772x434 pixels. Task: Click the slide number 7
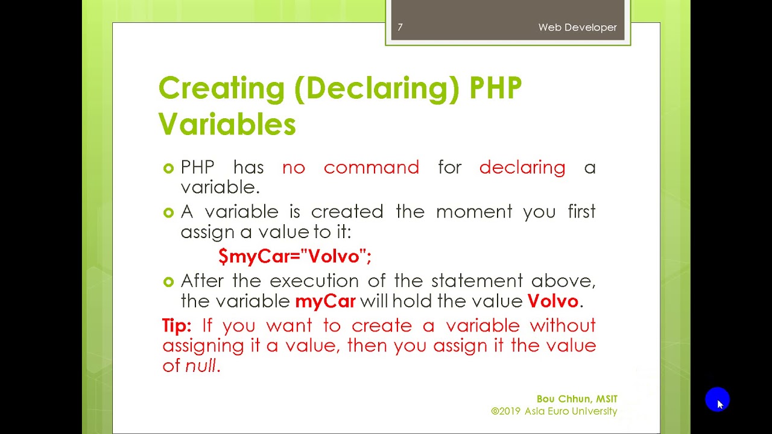pyautogui.click(x=400, y=27)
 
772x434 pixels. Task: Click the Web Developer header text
pyautogui.click(x=577, y=27)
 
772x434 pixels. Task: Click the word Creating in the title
pyautogui.click(x=221, y=89)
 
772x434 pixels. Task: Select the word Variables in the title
pyautogui.click(x=227, y=125)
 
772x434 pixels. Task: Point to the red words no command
pyautogui.click(x=350, y=168)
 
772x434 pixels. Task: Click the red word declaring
pyautogui.click(x=522, y=168)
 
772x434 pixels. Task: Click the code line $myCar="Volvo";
pyautogui.click(x=295, y=256)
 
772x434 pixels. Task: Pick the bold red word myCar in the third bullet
pyautogui.click(x=325, y=301)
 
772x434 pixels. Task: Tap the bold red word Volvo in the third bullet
pyautogui.click(x=552, y=301)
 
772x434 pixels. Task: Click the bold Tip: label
pyautogui.click(x=177, y=325)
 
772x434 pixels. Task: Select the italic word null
pyautogui.click(x=200, y=365)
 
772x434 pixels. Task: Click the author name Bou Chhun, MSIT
pyautogui.click(x=577, y=399)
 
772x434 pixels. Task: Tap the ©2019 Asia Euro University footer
pyautogui.click(x=554, y=411)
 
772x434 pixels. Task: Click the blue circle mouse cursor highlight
pyautogui.click(x=717, y=400)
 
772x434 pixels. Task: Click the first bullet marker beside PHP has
pyautogui.click(x=168, y=168)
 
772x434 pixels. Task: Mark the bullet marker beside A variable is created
pyautogui.click(x=168, y=212)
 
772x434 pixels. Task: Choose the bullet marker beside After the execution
pyautogui.click(x=168, y=281)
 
